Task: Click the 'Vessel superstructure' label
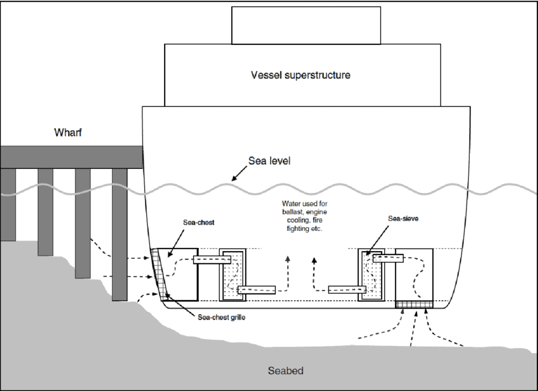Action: point(300,75)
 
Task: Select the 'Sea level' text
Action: point(269,161)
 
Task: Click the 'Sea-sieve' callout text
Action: point(403,218)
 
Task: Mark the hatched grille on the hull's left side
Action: point(158,275)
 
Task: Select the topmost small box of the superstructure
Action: point(306,25)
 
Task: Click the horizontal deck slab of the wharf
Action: point(71,156)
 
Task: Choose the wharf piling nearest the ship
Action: point(120,234)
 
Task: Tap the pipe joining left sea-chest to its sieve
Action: point(208,259)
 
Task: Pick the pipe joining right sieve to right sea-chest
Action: point(387,258)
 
